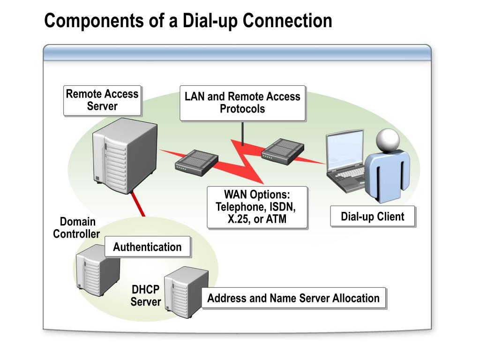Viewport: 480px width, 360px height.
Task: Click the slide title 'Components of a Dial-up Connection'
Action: (x=188, y=21)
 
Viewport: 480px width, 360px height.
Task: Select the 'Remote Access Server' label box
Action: (x=102, y=100)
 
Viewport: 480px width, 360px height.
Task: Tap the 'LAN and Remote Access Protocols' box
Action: (x=242, y=103)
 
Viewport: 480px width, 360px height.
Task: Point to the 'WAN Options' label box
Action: (x=257, y=207)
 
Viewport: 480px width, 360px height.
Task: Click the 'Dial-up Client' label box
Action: (x=373, y=217)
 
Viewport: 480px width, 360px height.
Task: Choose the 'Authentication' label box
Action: (x=147, y=247)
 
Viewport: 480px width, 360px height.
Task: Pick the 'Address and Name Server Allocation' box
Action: (x=293, y=298)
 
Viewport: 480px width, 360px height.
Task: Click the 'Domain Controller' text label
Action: (x=76, y=228)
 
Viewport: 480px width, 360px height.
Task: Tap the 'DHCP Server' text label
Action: (x=145, y=295)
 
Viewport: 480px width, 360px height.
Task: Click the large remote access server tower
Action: (x=125, y=156)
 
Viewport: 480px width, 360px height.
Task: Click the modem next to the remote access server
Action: (x=196, y=163)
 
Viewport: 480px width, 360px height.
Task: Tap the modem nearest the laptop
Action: (x=283, y=151)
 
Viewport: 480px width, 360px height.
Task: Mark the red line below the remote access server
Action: (x=137, y=204)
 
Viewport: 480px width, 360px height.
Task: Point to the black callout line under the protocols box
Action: (x=242, y=134)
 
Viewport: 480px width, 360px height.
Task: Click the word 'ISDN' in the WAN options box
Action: (x=282, y=207)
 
